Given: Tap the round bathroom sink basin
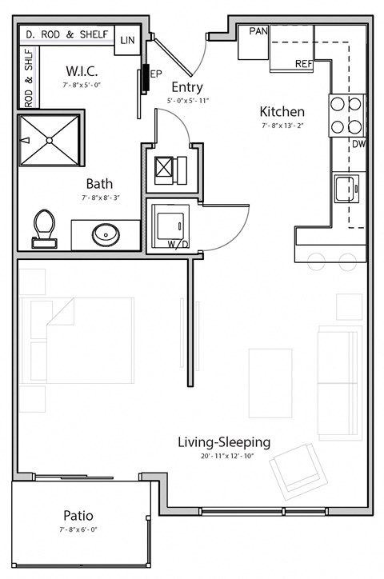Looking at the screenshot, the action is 106,235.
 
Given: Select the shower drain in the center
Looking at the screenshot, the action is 50,140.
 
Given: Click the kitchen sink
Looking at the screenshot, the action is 346,189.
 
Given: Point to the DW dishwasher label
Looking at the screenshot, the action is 358,144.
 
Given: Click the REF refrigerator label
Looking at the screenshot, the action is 304,64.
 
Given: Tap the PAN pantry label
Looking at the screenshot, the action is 258,31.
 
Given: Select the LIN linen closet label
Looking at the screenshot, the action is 127,40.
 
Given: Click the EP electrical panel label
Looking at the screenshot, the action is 156,74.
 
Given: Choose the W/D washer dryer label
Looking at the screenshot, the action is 178,244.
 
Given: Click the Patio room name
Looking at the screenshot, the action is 78,515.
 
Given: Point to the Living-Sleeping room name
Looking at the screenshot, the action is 224,442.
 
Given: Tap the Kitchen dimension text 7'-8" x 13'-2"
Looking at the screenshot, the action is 282,126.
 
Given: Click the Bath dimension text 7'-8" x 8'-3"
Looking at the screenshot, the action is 101,198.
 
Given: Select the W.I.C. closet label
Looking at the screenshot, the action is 82,70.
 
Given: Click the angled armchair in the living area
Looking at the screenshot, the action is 298,472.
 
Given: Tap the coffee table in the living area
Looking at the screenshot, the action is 270,383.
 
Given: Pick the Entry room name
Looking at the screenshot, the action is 187,87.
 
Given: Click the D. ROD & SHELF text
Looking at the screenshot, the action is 67,34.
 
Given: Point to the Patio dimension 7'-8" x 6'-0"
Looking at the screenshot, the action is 78,529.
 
